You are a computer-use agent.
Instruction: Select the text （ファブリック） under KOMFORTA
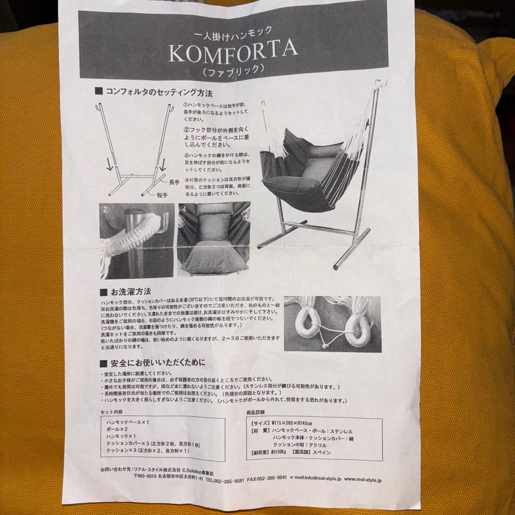coord(233,70)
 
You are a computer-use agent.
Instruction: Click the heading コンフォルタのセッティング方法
coord(159,91)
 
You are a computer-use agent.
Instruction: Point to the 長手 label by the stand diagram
coord(174,182)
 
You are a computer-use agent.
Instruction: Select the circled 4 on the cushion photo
coord(184,208)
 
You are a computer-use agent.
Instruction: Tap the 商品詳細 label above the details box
coord(256,412)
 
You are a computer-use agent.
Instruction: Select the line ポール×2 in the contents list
coord(118,429)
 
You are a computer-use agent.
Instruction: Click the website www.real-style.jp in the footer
coord(362,480)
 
